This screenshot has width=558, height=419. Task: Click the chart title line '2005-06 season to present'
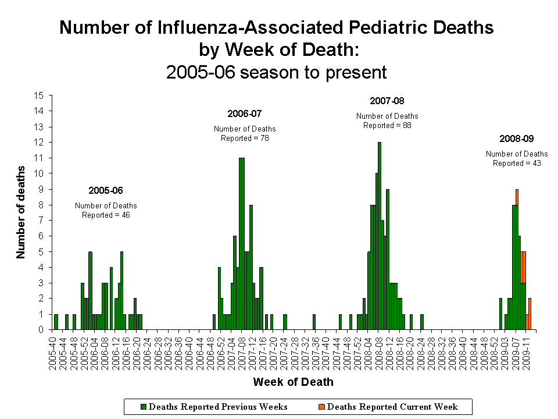(x=276, y=72)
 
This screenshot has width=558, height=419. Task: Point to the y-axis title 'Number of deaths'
(x=22, y=212)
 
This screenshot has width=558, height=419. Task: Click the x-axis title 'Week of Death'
(x=294, y=382)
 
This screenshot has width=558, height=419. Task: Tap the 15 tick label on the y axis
(x=40, y=95)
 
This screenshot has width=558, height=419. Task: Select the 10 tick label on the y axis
(x=40, y=173)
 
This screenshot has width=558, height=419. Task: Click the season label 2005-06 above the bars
(x=106, y=190)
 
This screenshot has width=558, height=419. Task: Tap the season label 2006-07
(x=245, y=113)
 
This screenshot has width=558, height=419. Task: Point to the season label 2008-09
(x=517, y=139)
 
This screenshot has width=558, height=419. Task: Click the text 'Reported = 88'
(x=387, y=125)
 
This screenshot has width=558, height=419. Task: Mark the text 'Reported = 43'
(x=517, y=164)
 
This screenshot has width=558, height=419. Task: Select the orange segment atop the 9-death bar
(x=517, y=197)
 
